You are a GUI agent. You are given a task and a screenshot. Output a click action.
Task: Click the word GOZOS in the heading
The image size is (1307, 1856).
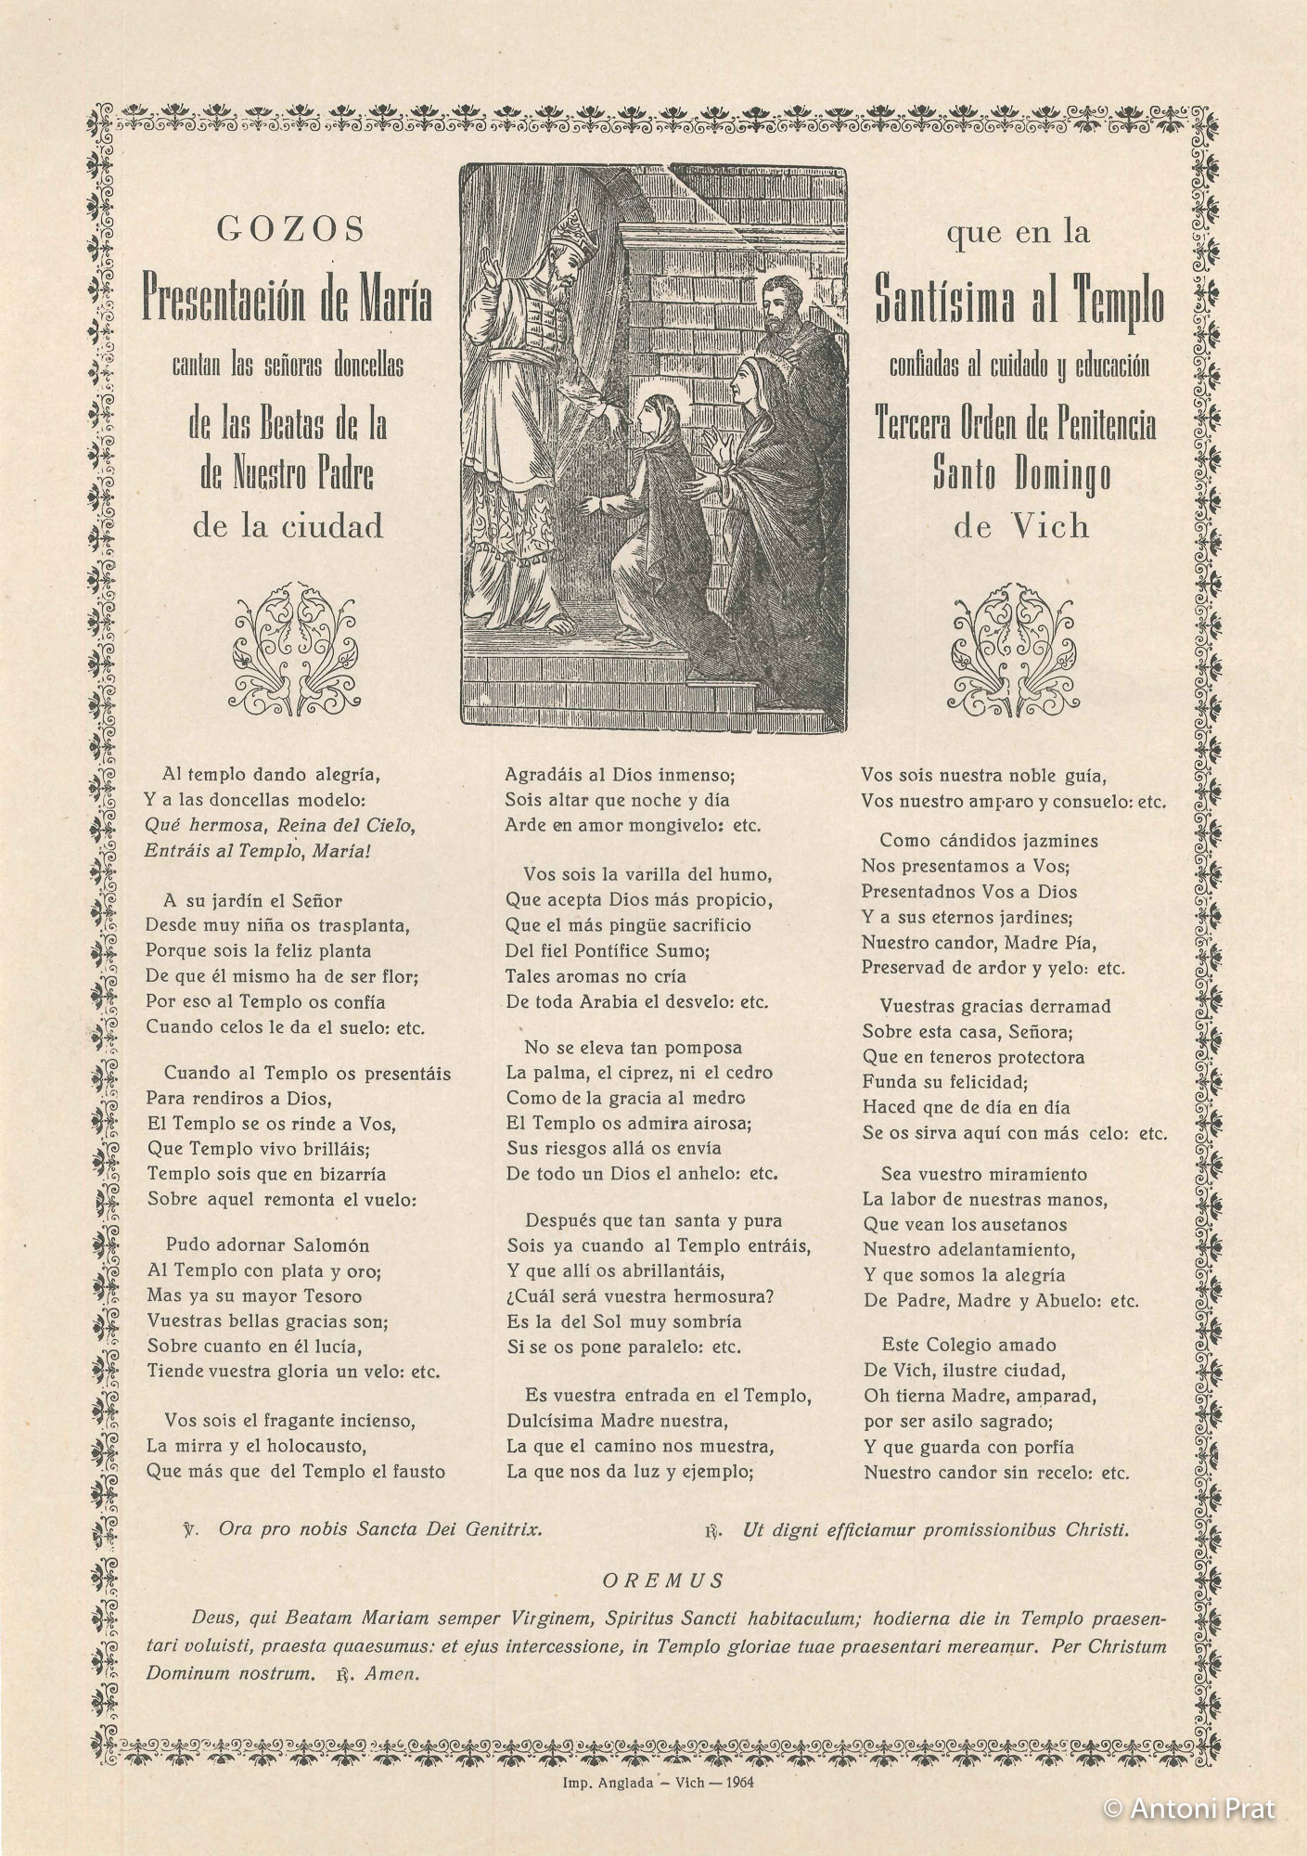point(290,229)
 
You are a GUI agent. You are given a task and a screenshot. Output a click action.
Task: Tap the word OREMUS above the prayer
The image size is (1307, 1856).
point(663,1580)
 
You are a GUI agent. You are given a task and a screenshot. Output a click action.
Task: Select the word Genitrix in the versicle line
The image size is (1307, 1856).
point(503,1531)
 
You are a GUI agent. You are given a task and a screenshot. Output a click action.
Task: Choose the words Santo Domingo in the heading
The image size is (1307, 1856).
point(1021,476)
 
